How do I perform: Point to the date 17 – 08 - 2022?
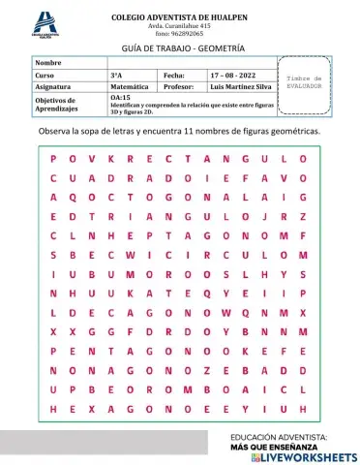(232, 74)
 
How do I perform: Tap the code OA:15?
(120, 98)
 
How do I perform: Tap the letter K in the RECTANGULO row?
(110, 158)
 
